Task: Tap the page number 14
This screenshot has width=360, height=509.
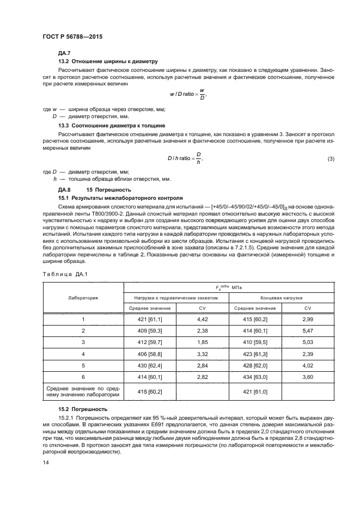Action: coord(45,462)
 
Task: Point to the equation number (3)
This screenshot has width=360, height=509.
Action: coord(331,158)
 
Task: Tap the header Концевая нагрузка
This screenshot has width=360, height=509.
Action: coord(281,298)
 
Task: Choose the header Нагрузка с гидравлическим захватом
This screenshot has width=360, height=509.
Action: coord(176,298)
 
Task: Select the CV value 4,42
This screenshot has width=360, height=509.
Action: coord(203,320)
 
